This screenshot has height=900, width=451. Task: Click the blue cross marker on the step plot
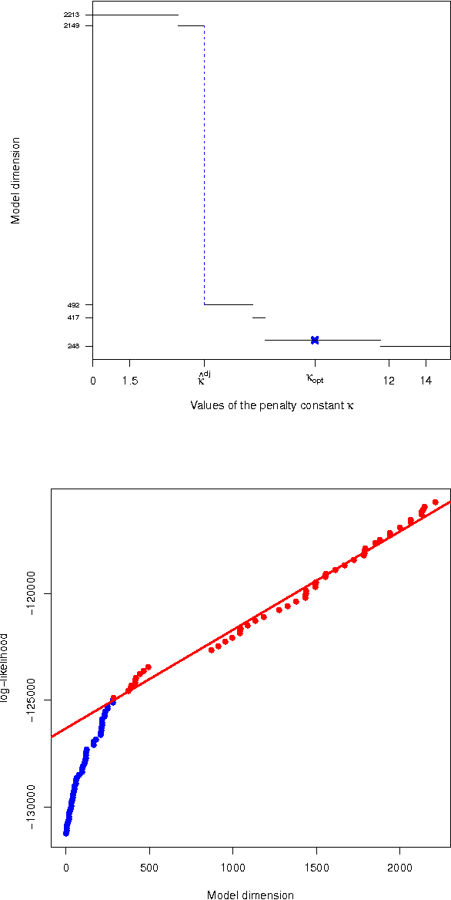[315, 340]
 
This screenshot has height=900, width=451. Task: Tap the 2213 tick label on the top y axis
[71, 15]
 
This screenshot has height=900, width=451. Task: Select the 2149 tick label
[71, 25]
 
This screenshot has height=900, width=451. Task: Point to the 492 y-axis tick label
[74, 305]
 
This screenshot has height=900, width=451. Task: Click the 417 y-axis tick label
[74, 317]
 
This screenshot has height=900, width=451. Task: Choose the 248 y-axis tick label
[74, 346]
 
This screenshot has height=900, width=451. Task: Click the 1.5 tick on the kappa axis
[130, 381]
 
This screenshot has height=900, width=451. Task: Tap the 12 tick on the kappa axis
[389, 381]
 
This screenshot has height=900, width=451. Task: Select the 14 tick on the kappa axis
[426, 381]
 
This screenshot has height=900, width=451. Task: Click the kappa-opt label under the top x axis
[315, 379]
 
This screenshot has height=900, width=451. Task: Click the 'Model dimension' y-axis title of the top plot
[15, 180]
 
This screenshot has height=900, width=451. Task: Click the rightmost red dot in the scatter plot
[436, 502]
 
